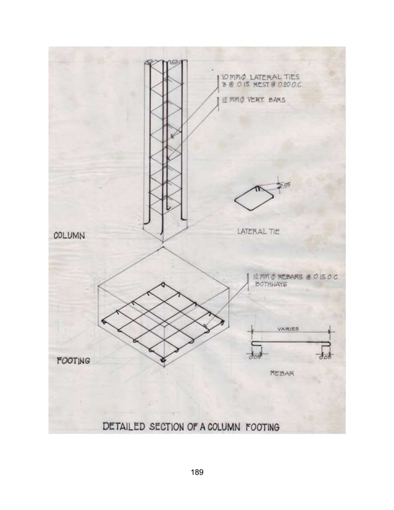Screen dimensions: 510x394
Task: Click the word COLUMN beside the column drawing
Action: click(69, 235)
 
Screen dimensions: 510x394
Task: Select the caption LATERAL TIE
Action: click(258, 232)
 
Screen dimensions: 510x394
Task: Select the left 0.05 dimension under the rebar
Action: click(254, 356)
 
